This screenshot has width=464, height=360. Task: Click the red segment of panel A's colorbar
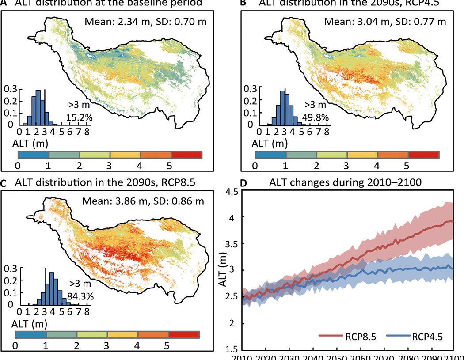point(186,155)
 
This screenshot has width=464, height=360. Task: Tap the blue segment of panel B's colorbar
point(271,155)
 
